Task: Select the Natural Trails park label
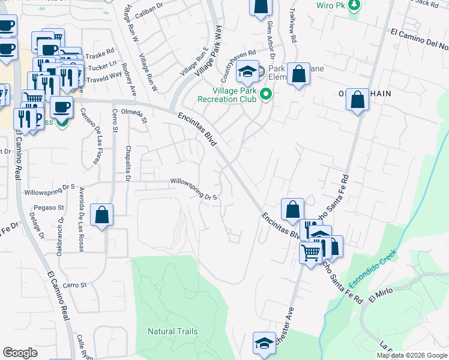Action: pyautogui.click(x=173, y=331)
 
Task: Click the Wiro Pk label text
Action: pyautogui.click(x=331, y=5)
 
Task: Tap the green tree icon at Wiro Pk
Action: pyautogui.click(x=354, y=5)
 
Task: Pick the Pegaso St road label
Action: pyautogui.click(x=52, y=208)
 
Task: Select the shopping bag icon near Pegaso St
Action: pyautogui.click(x=102, y=214)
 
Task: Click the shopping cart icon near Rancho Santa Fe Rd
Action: pyautogui.click(x=311, y=253)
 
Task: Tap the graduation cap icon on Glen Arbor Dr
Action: pyautogui.click(x=247, y=72)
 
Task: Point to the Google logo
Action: pyautogui.click(x=20, y=352)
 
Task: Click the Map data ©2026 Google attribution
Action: pyautogui.click(x=412, y=355)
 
